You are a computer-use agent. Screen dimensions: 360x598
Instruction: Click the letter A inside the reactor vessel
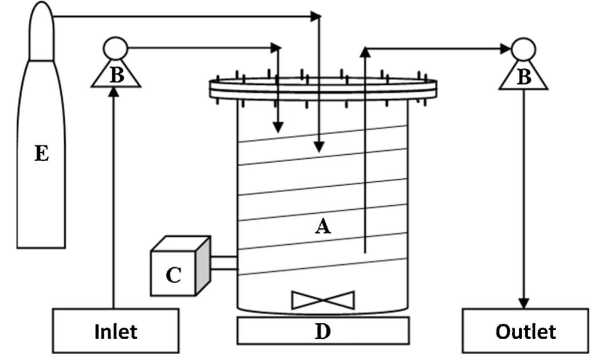click(323, 228)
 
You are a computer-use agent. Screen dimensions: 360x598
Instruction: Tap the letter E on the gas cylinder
click(41, 154)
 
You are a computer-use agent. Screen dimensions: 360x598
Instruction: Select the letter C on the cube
click(173, 276)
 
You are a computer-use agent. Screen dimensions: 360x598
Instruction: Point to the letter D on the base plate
click(323, 331)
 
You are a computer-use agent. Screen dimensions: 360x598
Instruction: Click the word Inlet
click(116, 331)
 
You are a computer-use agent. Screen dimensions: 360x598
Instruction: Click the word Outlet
click(525, 331)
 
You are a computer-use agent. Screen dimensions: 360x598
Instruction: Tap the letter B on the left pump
click(116, 76)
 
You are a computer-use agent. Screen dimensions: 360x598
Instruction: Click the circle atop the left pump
click(115, 48)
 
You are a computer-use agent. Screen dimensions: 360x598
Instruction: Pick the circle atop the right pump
click(523, 49)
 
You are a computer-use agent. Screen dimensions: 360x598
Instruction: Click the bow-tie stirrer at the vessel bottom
click(323, 300)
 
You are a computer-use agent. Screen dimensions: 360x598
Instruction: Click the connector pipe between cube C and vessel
click(224, 263)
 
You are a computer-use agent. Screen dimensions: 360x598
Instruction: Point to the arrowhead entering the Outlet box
click(524, 303)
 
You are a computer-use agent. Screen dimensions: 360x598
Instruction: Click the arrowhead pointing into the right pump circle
click(505, 49)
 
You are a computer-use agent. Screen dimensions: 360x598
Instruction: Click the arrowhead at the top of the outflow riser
click(364, 53)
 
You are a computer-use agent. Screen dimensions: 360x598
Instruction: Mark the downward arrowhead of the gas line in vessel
click(319, 147)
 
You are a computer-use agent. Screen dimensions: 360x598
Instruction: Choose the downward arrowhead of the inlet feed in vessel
click(278, 128)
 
